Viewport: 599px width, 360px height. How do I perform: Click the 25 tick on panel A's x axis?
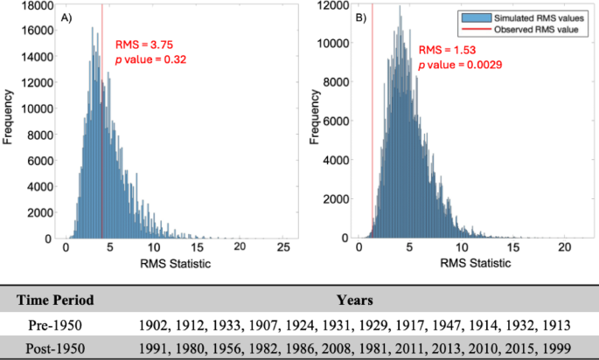pos(282,249)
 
